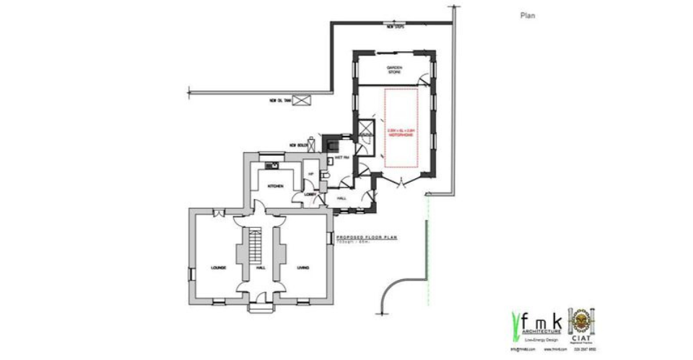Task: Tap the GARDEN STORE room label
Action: [393, 69]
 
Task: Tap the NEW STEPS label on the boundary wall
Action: [395, 27]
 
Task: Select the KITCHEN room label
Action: [276, 185]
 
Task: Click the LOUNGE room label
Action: [219, 268]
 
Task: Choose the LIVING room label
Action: [303, 268]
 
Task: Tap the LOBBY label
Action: [311, 193]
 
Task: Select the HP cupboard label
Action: [311, 173]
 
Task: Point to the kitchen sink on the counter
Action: [274, 165]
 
